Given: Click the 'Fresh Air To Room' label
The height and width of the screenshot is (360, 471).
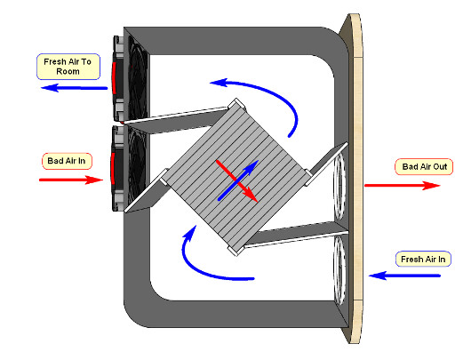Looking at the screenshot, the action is (68, 67).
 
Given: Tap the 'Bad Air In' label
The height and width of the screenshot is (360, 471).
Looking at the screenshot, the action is (67, 161).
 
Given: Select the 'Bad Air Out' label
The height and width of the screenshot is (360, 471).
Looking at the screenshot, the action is (424, 167).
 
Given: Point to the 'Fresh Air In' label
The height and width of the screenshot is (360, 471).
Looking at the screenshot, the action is (423, 259).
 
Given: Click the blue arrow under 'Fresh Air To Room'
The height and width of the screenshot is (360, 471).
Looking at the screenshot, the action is (74, 88).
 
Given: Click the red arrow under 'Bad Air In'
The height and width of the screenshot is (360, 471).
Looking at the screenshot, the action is (71, 180).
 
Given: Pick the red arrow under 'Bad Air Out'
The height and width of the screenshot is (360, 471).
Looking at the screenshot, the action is (403, 186).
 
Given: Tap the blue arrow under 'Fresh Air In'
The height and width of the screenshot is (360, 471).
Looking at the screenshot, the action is (404, 276).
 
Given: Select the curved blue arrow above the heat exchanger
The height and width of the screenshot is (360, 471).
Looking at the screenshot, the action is (272, 93).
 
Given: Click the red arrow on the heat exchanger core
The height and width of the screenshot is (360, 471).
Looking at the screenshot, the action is (236, 181).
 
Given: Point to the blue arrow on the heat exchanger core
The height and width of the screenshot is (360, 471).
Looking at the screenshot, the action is (237, 180).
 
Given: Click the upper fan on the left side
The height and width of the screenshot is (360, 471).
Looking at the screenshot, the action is (131, 79).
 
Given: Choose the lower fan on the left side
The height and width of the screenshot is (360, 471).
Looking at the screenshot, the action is (129, 168).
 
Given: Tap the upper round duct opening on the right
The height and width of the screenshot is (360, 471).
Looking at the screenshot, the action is (339, 186).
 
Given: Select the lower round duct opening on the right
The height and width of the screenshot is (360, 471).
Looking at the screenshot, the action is (339, 270).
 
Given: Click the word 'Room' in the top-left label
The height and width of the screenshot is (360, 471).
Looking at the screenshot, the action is (68, 71).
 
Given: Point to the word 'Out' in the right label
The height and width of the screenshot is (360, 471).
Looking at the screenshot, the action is (440, 167).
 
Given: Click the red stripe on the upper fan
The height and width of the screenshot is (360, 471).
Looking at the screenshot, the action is (114, 78).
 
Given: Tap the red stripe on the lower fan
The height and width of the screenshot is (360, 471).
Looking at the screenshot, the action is (112, 168).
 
